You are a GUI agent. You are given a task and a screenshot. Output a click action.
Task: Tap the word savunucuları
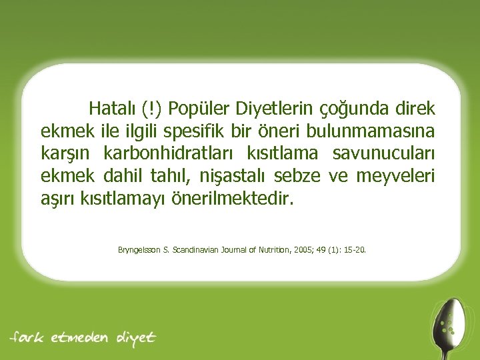point(383,153)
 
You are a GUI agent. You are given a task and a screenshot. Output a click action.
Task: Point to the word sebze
point(322,177)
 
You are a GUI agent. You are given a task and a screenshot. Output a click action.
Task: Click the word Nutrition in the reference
point(271,251)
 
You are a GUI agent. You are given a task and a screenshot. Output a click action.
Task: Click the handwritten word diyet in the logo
point(136,337)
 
